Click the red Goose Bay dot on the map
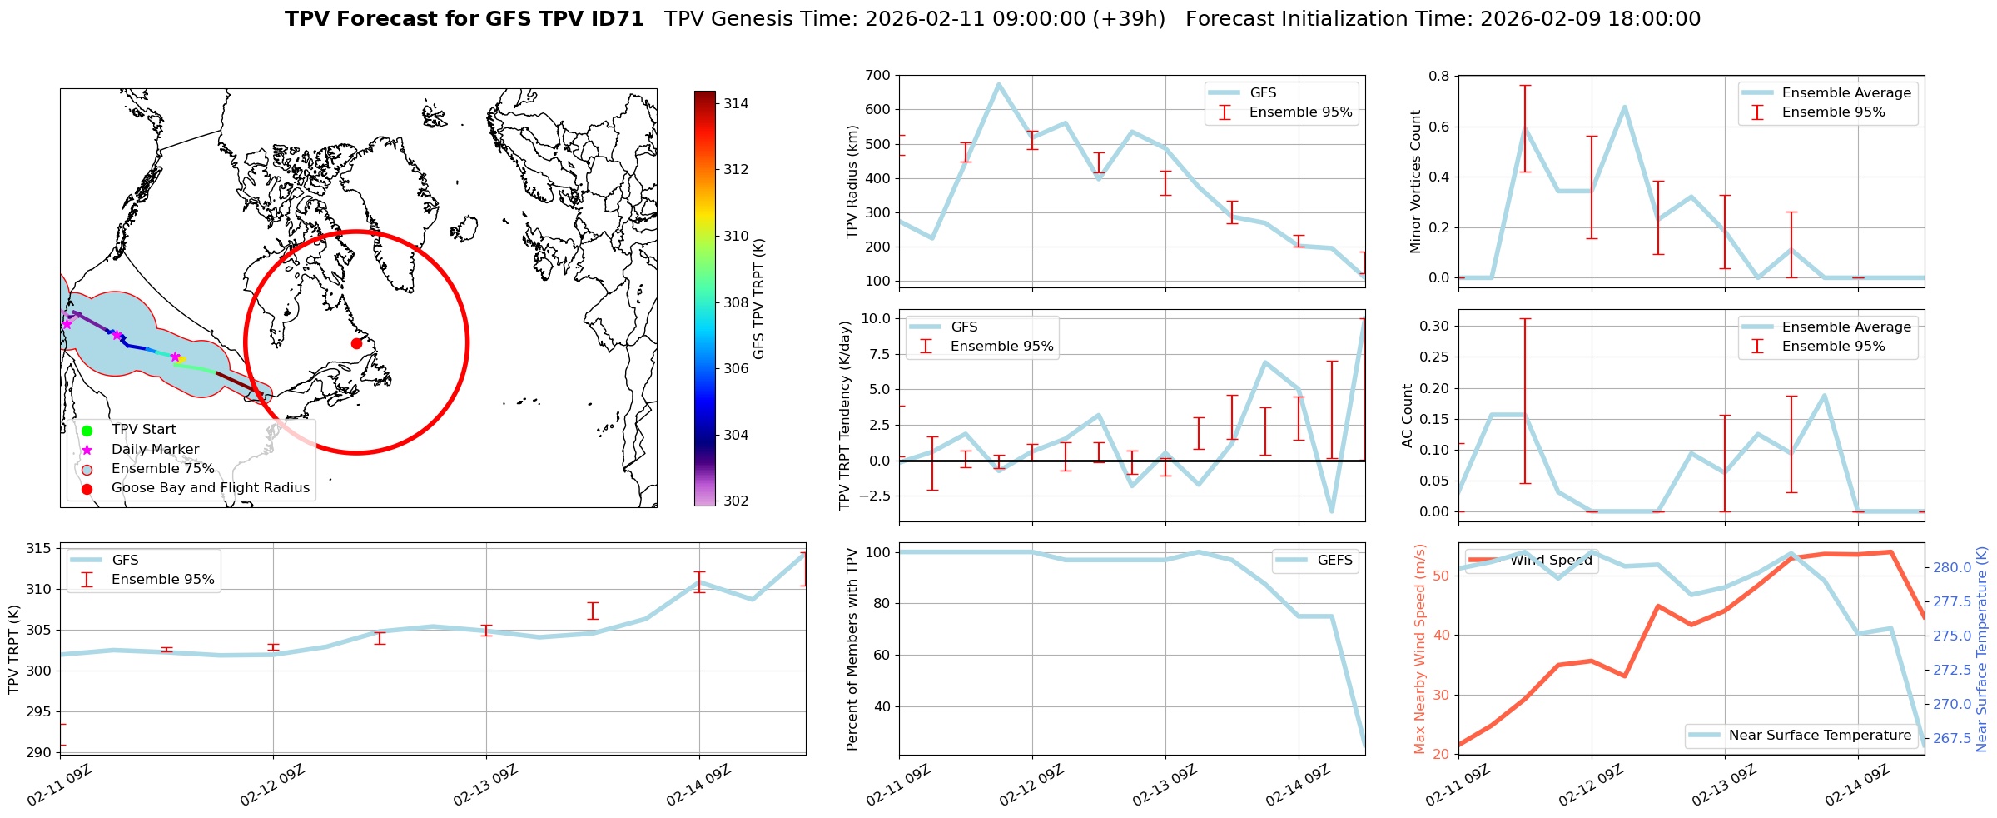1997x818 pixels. tap(356, 343)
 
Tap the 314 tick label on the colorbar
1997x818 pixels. tap(735, 103)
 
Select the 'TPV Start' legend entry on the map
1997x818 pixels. tap(143, 430)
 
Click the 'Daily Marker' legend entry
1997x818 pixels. tap(155, 450)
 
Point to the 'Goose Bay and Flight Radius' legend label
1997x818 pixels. tap(210, 488)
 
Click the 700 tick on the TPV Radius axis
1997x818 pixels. tap(879, 76)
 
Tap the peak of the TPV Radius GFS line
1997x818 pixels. tap(999, 84)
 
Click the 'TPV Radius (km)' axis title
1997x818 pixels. tap(852, 182)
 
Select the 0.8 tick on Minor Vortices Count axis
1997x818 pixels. tap(1438, 77)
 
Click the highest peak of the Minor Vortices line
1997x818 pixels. tap(1624, 107)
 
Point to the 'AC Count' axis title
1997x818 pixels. tap(1408, 416)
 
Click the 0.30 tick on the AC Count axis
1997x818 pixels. tap(1435, 326)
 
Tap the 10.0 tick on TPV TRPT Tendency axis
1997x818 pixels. tap(876, 318)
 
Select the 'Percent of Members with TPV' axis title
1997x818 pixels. tap(852, 649)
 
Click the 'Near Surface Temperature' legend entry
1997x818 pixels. tap(1820, 736)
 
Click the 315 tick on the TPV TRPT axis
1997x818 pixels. tap(39, 548)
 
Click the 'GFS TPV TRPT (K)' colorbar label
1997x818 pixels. tap(758, 299)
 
